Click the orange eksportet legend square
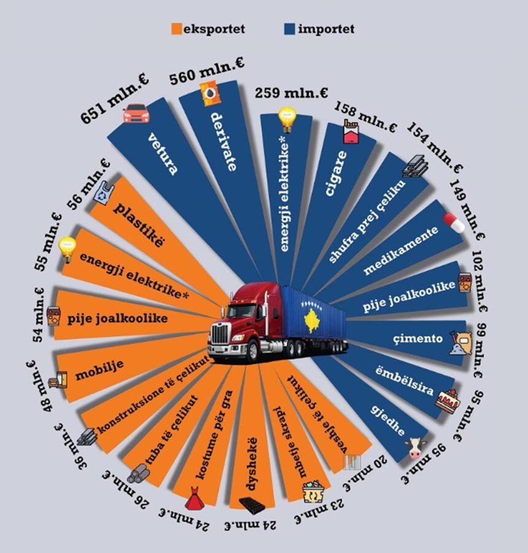178,28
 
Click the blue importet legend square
291,28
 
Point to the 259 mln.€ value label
286,93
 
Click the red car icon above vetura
136,114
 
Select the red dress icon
195,498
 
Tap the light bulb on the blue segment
287,117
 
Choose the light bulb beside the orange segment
66,249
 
